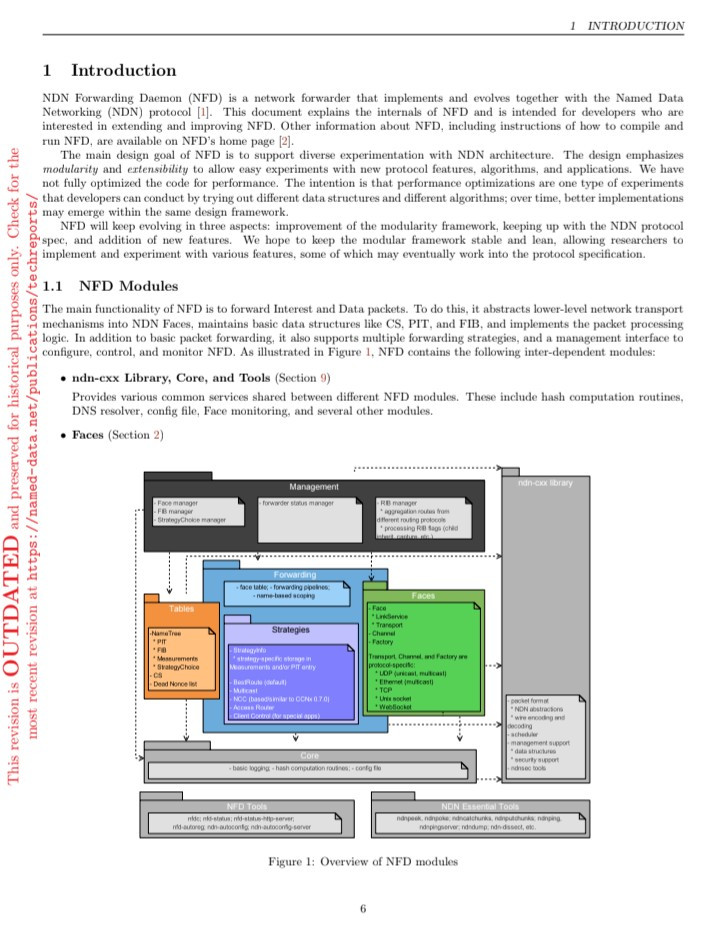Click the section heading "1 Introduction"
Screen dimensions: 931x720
[110, 71]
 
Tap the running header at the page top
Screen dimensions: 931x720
[627, 25]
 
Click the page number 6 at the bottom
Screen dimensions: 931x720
[363, 908]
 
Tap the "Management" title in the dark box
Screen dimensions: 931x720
[314, 487]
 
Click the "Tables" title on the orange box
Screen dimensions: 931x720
[182, 608]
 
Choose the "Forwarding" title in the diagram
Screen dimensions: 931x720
[294, 575]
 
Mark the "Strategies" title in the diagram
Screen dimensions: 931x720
[291, 630]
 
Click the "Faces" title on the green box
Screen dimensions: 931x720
[423, 595]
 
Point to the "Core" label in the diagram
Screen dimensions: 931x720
[309, 756]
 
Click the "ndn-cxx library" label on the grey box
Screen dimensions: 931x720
[545, 483]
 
